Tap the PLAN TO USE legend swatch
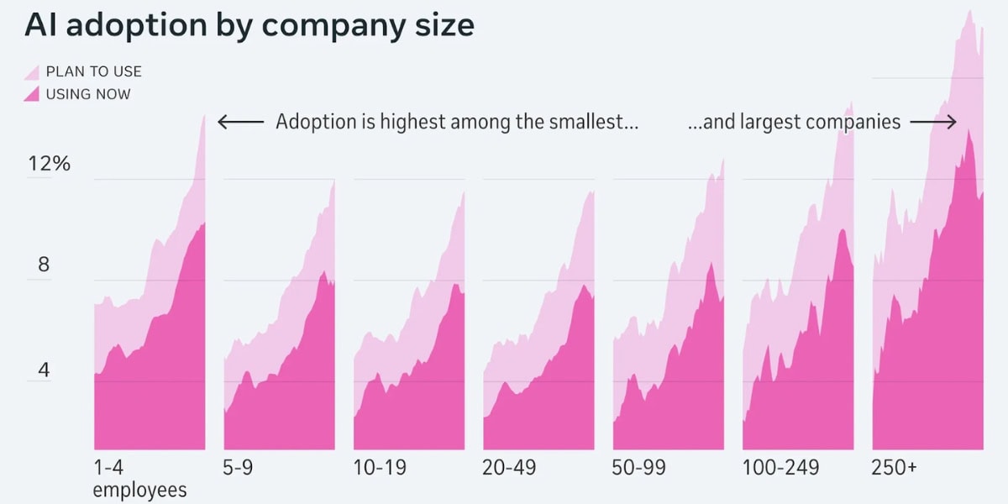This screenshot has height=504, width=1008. click(x=32, y=71)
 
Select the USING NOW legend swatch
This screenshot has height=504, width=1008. click(x=32, y=94)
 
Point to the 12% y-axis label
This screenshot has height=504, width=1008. click(x=49, y=163)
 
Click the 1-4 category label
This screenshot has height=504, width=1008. click(x=109, y=468)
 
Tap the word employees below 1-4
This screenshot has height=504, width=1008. click(x=139, y=490)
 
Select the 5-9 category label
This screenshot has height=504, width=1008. click(x=239, y=468)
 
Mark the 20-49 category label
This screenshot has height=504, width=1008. click(x=509, y=468)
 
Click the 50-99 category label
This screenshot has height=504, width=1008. click(x=638, y=468)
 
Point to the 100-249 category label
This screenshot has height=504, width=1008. click(x=780, y=468)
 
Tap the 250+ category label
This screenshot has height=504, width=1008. click(x=894, y=468)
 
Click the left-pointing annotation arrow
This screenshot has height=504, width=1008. click(x=240, y=123)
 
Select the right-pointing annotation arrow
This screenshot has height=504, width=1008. click(x=933, y=123)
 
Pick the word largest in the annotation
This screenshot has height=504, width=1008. click(x=769, y=122)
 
